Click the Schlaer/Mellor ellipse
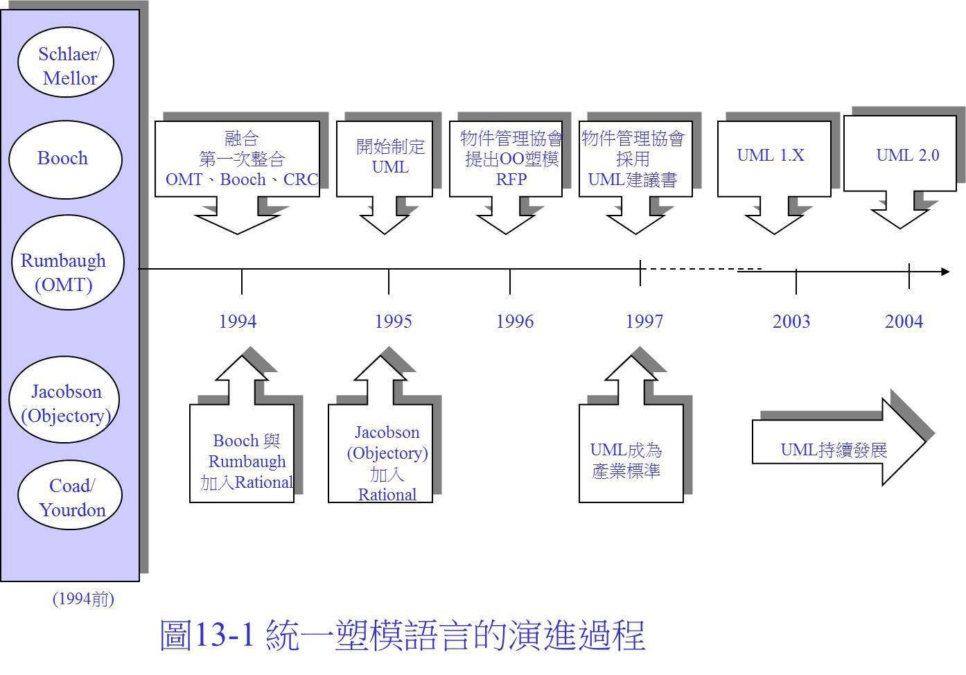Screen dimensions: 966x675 pos(66,62)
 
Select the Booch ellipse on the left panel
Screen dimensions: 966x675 pos(66,159)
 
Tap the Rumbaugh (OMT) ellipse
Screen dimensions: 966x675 pos(68,262)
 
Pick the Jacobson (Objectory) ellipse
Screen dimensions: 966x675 pos(64,399)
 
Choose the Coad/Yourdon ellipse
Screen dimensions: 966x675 pos(70,495)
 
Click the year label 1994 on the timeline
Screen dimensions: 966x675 pos(238,322)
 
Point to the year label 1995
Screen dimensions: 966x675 pos(394,322)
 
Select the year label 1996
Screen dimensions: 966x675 pos(515,322)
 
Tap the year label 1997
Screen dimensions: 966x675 pos(644,322)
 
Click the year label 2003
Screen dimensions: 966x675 pos(791,322)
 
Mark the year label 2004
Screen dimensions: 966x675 pos(904,322)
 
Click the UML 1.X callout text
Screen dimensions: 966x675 pos(771,155)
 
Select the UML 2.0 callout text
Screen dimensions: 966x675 pos(908,155)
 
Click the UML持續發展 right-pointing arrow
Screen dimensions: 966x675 pos(838,442)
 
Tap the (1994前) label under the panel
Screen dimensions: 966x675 pos(83,599)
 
